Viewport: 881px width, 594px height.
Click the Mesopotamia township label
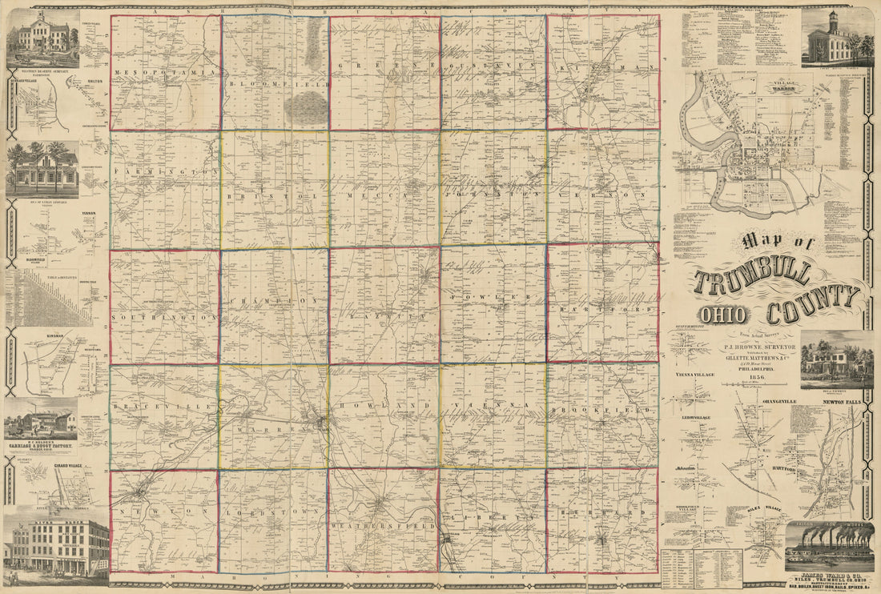tap(166, 72)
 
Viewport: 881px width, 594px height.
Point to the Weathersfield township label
tap(383, 526)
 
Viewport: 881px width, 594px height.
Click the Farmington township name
tap(166, 172)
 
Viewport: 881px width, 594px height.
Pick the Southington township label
tap(165, 317)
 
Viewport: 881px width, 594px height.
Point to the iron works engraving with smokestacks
tap(829, 547)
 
